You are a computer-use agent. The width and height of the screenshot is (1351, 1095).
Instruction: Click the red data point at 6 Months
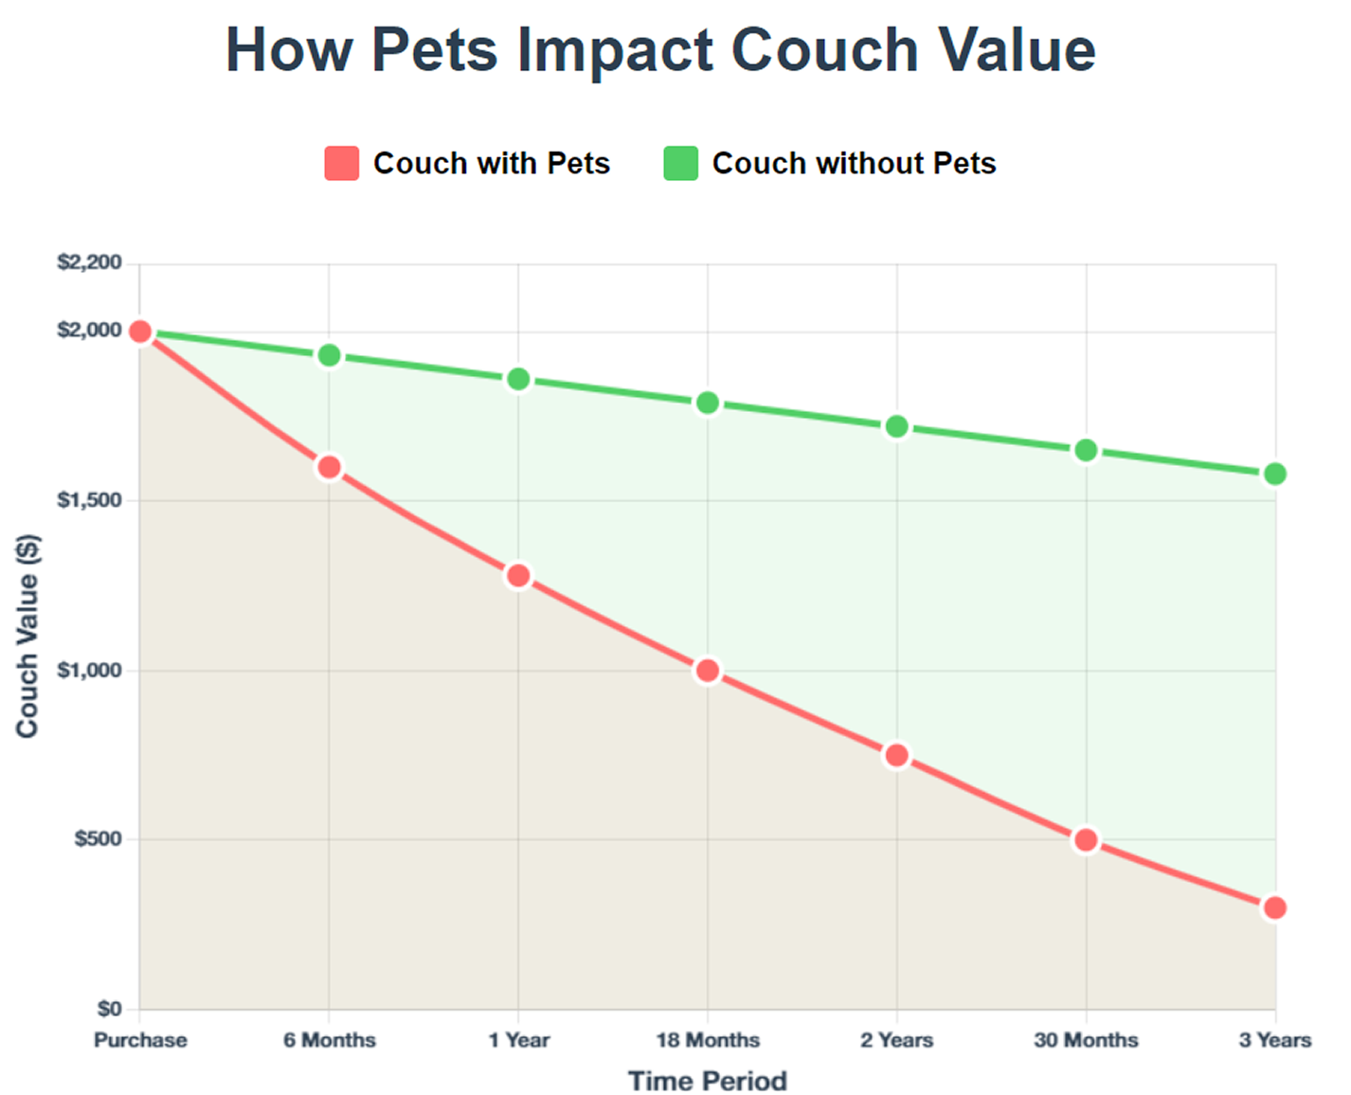tap(329, 467)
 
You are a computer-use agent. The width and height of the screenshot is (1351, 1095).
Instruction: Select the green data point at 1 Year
tap(518, 379)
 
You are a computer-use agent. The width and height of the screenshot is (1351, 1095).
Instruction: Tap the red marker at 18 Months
tap(707, 671)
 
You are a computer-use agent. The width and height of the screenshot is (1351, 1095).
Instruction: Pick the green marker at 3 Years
tap(1275, 474)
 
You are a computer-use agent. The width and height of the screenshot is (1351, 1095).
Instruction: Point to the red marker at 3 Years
tap(1275, 907)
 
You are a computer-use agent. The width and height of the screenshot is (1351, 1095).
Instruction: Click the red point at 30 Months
tap(1086, 840)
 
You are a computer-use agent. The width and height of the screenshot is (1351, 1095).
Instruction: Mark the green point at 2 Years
tap(896, 427)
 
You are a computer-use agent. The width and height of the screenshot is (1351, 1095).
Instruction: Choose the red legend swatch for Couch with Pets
tap(342, 163)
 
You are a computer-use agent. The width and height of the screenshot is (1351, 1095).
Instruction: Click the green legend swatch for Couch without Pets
tap(680, 163)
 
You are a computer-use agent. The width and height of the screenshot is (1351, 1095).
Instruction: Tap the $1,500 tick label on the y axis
tap(90, 500)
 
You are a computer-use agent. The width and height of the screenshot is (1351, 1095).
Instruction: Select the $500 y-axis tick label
tap(99, 839)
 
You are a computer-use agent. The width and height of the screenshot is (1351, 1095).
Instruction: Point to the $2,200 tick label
tap(90, 262)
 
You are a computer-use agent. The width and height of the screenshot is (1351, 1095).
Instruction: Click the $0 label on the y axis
tap(109, 1009)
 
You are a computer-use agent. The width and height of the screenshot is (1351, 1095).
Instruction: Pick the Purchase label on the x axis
tap(140, 1040)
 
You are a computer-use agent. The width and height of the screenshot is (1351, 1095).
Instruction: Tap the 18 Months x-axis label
tap(708, 1040)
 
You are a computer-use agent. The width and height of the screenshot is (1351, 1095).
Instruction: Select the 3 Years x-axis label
tap(1275, 1040)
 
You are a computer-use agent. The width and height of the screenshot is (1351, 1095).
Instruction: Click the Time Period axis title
tap(708, 1081)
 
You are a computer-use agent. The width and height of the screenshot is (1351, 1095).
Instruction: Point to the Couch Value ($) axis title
tap(27, 636)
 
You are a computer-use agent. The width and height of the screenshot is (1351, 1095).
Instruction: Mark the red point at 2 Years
tap(896, 756)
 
